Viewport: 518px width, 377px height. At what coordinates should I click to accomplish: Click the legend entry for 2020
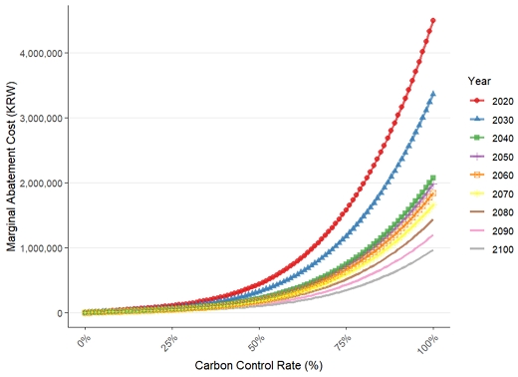[491, 101]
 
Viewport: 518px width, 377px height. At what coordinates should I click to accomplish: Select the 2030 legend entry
[491, 120]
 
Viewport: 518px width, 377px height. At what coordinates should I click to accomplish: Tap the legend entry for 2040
[491, 138]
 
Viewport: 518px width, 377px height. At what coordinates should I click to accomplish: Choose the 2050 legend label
[503, 157]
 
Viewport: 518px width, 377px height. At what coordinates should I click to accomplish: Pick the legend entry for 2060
[491, 175]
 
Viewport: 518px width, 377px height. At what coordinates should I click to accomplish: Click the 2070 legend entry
[491, 193]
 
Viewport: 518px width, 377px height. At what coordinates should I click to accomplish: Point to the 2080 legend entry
[491, 212]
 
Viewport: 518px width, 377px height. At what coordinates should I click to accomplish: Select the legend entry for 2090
[491, 230]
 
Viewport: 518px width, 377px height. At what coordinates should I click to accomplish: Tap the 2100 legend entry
[491, 249]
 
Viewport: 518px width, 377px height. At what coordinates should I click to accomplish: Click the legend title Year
[479, 81]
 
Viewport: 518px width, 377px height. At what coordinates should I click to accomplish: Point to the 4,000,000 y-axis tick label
[41, 53]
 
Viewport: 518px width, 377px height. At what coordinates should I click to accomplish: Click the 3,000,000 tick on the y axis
[41, 119]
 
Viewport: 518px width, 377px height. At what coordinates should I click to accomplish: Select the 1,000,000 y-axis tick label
[41, 248]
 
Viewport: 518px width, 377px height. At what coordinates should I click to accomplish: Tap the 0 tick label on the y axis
[60, 313]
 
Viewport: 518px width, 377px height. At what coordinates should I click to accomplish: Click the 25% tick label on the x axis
[170, 340]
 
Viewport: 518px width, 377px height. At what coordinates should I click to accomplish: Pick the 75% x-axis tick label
[344, 340]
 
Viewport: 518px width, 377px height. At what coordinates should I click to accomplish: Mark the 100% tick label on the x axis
[428, 343]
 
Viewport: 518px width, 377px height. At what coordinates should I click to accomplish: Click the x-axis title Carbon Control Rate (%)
[259, 366]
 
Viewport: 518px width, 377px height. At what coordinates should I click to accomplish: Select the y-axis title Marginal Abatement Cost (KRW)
[11, 167]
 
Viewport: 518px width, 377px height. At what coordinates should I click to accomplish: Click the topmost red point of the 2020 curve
[433, 21]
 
